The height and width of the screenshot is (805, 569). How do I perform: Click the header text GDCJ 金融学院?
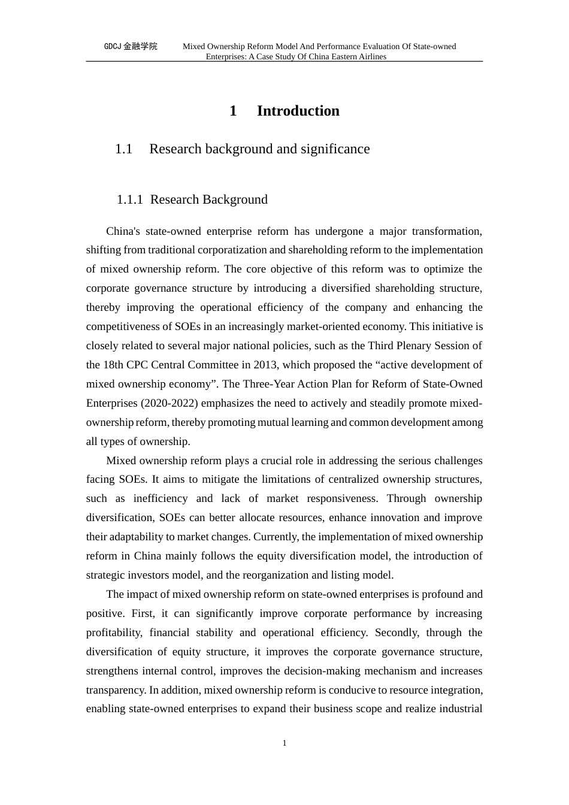131,46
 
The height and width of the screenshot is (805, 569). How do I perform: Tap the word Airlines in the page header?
371,57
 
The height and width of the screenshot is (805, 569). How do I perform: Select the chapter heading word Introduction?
298,111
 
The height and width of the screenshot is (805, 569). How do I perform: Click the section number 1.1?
123,149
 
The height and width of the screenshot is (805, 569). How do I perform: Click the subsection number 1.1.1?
129,199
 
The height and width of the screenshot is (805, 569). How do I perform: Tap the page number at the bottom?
284,743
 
